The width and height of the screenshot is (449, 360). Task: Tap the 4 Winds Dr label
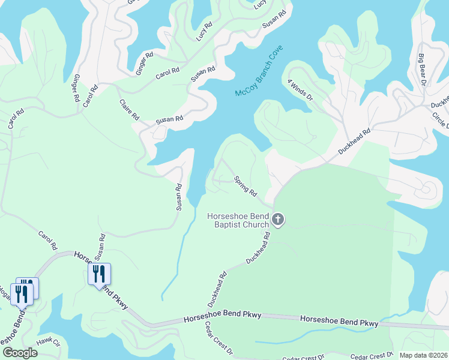pyautogui.click(x=301, y=92)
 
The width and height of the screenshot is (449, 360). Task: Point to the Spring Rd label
pyautogui.click(x=246, y=186)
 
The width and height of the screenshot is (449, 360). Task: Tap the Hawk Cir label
pyautogui.click(x=49, y=342)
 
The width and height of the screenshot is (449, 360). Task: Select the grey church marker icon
pyautogui.click(x=277, y=220)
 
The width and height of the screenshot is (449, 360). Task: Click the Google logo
pyautogui.click(x=20, y=353)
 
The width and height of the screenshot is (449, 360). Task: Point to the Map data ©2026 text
pyautogui.click(x=423, y=355)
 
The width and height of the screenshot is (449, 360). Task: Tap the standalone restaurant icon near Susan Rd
pyautogui.click(x=100, y=275)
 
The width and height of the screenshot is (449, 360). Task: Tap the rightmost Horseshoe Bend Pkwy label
pyautogui.click(x=339, y=321)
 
